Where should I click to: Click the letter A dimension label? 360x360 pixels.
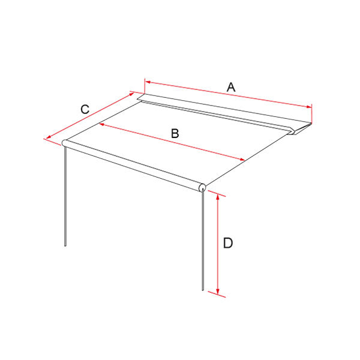231,87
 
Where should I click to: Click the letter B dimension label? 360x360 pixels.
175,133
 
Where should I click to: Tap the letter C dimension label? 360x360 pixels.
85,109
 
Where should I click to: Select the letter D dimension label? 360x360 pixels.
228,243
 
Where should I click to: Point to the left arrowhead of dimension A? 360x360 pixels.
148,82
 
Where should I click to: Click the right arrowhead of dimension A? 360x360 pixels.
309,107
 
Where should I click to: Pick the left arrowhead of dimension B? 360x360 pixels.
102,125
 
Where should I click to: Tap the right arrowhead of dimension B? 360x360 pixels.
242,160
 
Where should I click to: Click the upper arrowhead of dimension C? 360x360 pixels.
131,94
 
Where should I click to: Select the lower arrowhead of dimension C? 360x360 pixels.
49,137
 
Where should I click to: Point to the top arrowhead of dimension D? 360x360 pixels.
218,197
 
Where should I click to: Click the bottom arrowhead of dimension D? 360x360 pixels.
218,291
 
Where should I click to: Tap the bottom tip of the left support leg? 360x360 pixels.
65,245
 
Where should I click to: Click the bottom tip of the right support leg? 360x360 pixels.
203,290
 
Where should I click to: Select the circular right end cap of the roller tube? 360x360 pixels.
202,188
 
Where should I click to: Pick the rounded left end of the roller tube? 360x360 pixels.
64,143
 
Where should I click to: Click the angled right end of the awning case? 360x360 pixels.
301,129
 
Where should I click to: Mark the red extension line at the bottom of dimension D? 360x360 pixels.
217,295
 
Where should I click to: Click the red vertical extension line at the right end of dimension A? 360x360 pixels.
312,114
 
